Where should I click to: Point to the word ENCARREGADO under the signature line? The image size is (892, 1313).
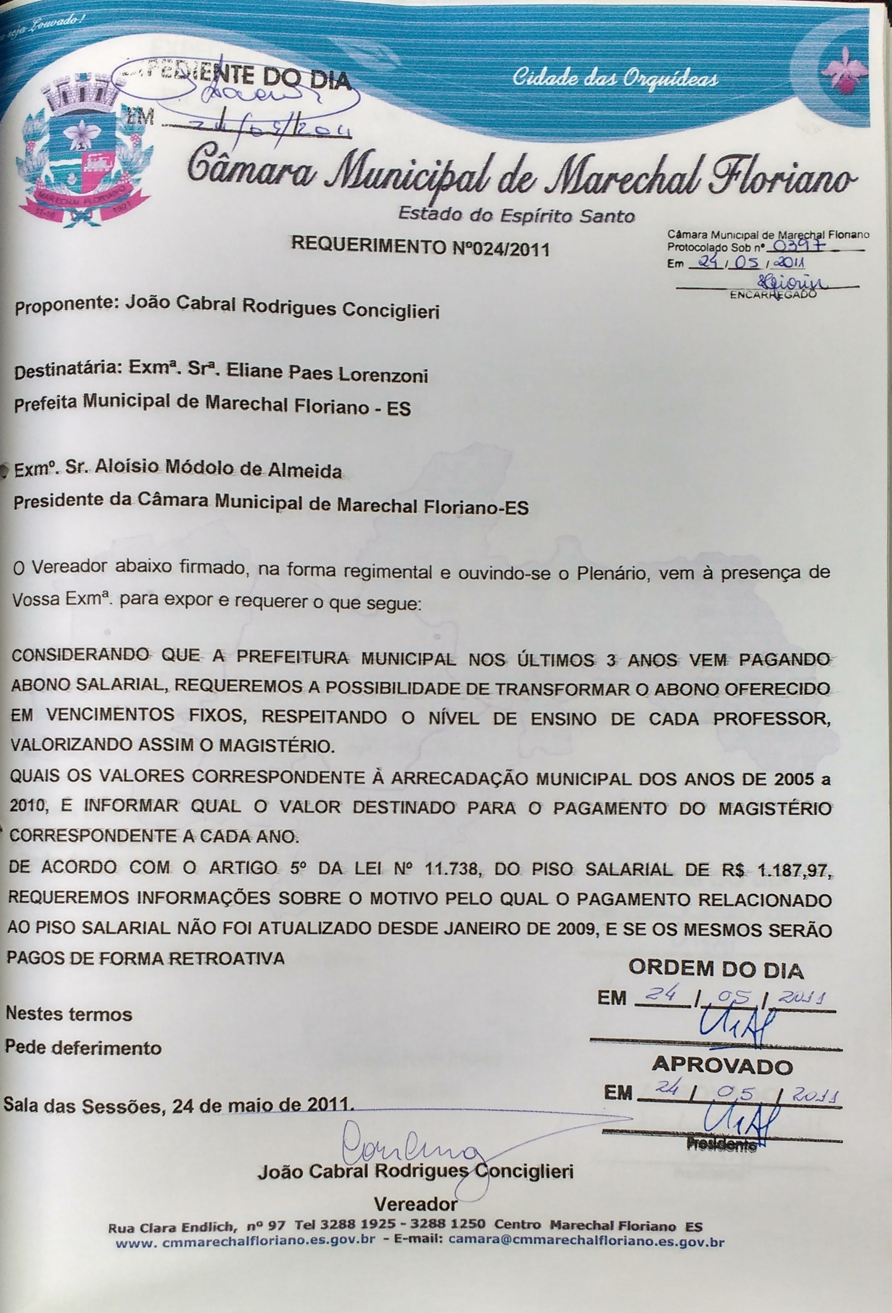coord(773,294)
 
